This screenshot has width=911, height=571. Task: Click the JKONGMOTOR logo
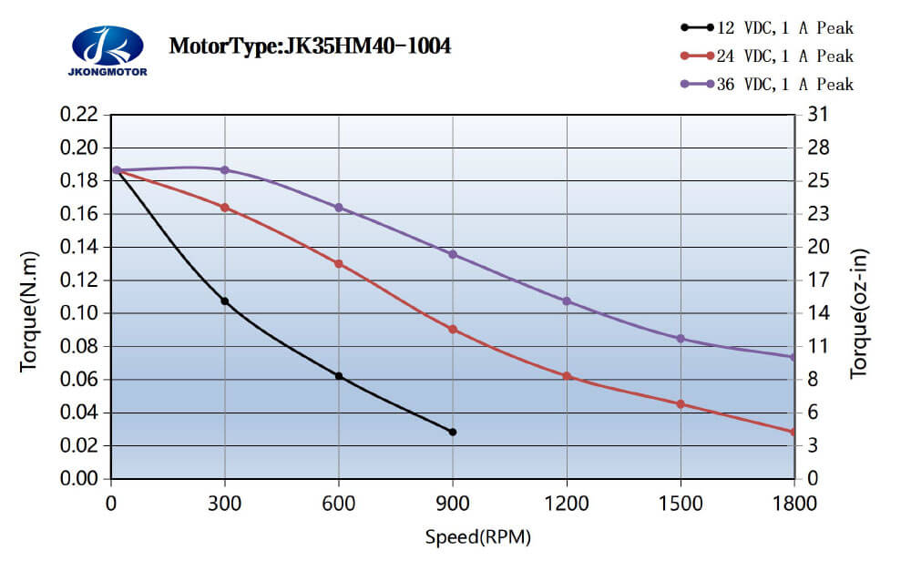coord(107,51)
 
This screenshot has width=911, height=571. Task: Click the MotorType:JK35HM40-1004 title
coord(310,46)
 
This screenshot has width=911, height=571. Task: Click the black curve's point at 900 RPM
coord(453,432)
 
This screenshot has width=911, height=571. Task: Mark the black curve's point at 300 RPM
coord(225,301)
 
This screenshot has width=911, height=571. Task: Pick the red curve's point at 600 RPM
coord(339,263)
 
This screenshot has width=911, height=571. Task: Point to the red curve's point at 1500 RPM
coord(681,403)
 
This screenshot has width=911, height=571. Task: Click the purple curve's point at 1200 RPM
coord(567,301)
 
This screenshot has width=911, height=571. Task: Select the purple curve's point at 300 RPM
coord(225,170)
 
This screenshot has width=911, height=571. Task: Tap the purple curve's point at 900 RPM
coord(453,254)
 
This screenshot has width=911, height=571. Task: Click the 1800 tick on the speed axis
coord(794,503)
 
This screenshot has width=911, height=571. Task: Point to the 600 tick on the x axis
coord(339,503)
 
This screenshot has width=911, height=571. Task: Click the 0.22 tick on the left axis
coord(78,115)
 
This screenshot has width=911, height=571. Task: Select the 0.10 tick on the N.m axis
coord(78,313)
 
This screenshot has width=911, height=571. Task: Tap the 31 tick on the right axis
coord(818,115)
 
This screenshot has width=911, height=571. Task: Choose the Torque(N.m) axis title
coord(29,311)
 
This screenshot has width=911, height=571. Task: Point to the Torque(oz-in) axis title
coord(859,313)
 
